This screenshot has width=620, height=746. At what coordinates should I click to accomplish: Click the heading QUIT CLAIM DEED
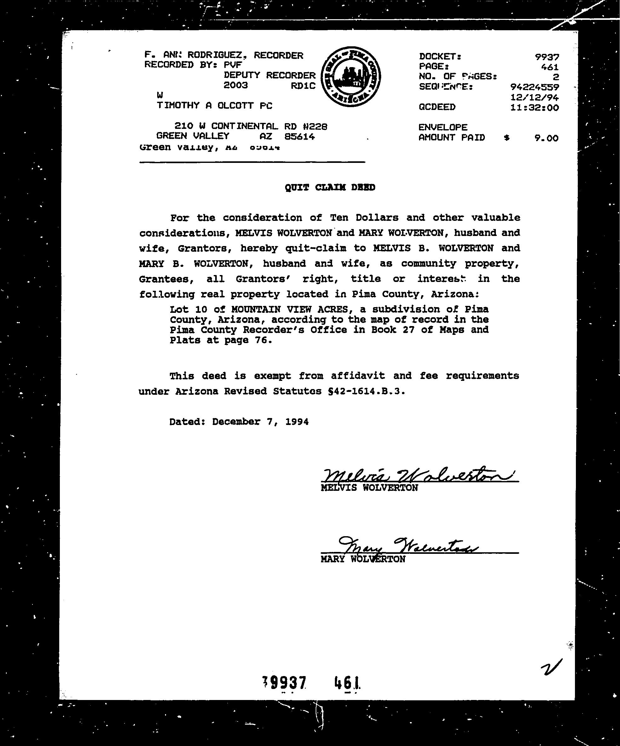[330, 187]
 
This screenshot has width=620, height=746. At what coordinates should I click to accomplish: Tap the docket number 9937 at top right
[547, 57]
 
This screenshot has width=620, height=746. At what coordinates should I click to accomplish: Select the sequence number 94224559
[534, 87]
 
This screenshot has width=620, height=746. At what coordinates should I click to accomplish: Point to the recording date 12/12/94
[534, 97]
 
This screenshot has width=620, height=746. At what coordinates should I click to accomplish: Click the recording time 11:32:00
[534, 108]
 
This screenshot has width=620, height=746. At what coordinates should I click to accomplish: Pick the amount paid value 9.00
[546, 138]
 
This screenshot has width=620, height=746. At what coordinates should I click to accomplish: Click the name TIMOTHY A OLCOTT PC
[215, 106]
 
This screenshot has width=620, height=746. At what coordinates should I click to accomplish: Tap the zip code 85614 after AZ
[300, 136]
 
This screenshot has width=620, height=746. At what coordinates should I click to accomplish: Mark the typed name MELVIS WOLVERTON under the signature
[369, 488]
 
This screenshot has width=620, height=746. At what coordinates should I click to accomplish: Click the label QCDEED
[437, 107]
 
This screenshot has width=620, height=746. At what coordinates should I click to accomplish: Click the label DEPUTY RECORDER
[269, 75]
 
